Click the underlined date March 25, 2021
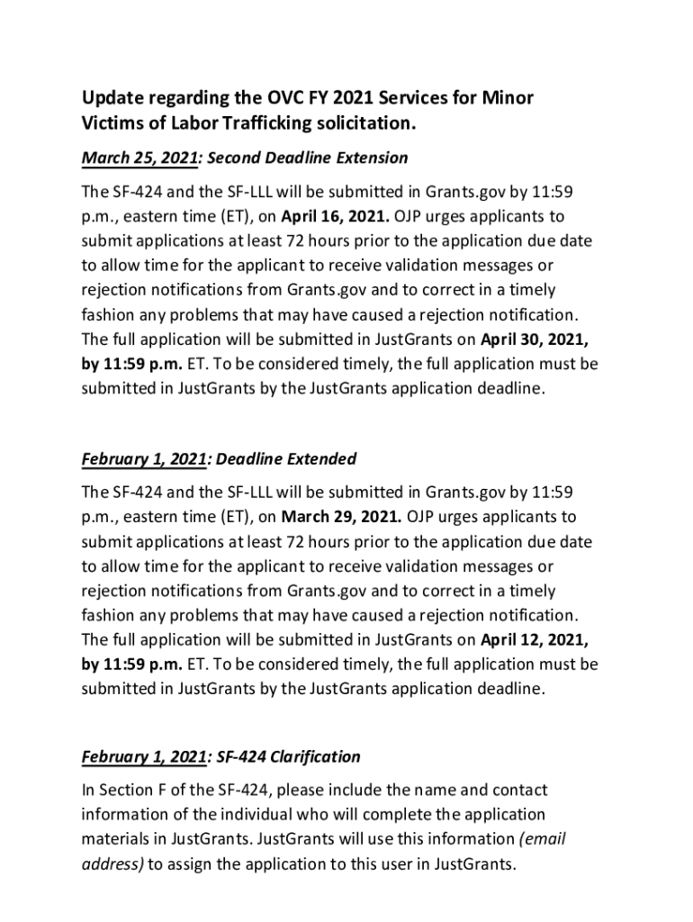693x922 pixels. [139, 158]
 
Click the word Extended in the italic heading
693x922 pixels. [321, 459]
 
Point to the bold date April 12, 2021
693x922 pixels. [536, 640]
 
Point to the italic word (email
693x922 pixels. [542, 839]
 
